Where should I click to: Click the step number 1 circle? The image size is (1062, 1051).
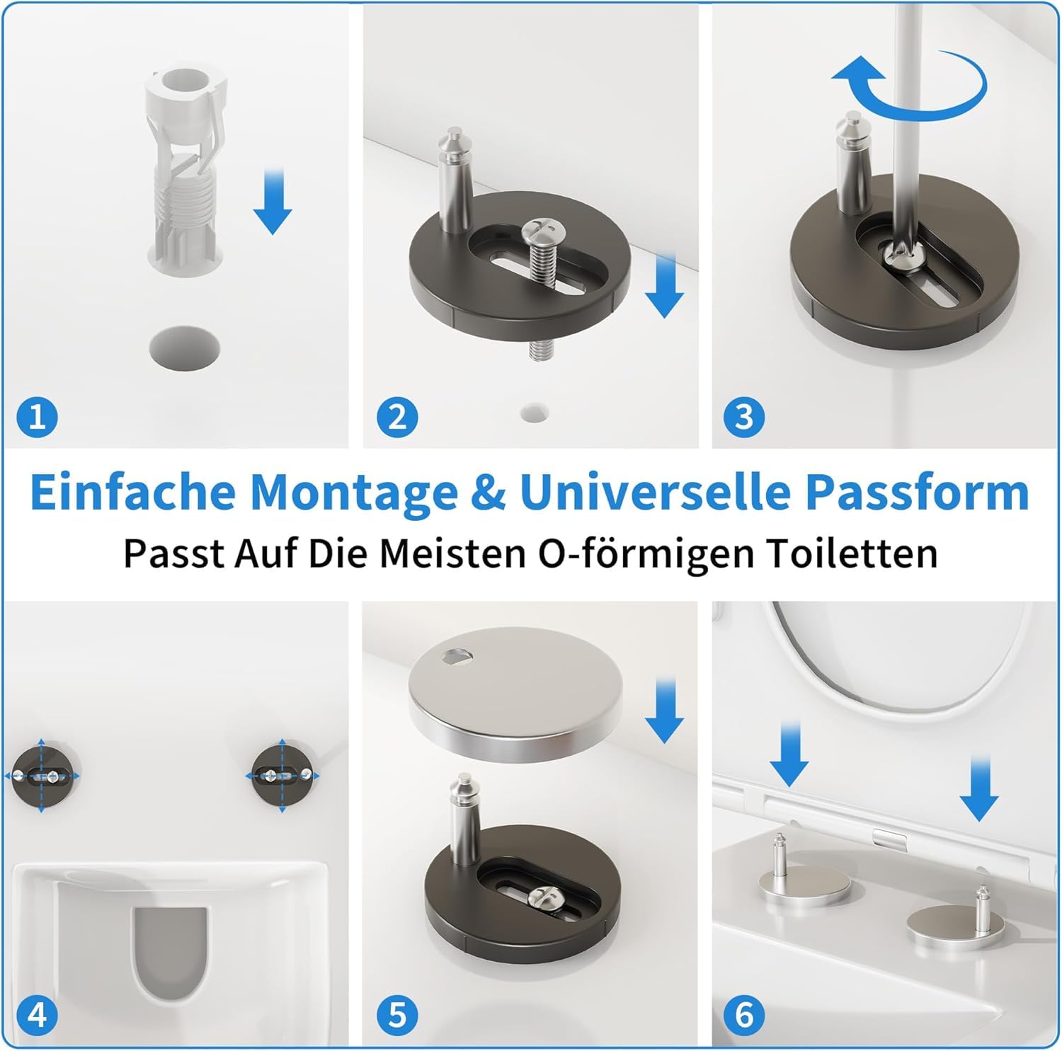coord(37,417)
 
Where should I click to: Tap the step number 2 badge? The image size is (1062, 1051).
coord(397,417)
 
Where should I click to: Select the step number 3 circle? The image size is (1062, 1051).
coord(744,417)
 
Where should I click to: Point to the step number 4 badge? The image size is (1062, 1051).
coord(37,1016)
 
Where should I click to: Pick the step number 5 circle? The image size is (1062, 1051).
coord(397,1016)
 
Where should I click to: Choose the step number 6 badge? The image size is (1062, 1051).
coord(744,1016)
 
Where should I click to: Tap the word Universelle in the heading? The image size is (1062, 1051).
coord(656,491)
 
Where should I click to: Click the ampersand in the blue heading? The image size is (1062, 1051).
coord(487,492)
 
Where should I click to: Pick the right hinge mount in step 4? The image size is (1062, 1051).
coord(282,776)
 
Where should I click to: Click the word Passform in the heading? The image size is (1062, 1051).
coord(917,491)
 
